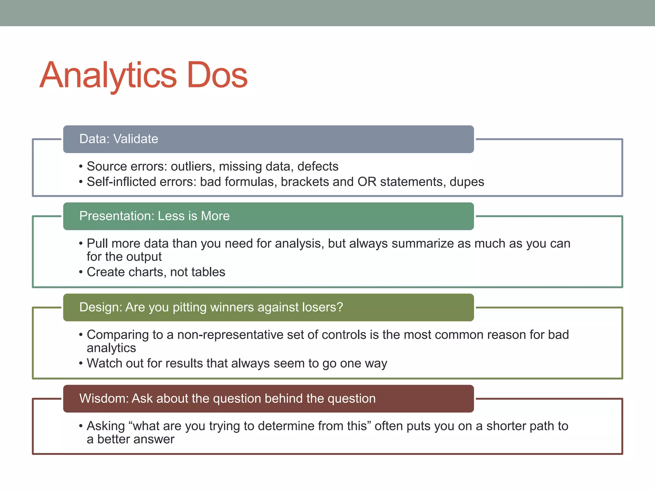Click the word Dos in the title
click(x=217, y=75)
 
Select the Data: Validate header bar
click(x=268, y=139)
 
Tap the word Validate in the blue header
click(x=136, y=139)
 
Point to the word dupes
click(x=467, y=182)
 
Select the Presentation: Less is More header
click(x=268, y=216)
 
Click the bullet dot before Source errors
click(x=81, y=167)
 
